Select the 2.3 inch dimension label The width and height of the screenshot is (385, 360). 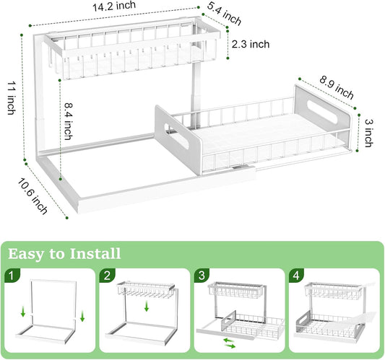(251, 44)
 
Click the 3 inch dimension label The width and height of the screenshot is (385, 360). (368, 132)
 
